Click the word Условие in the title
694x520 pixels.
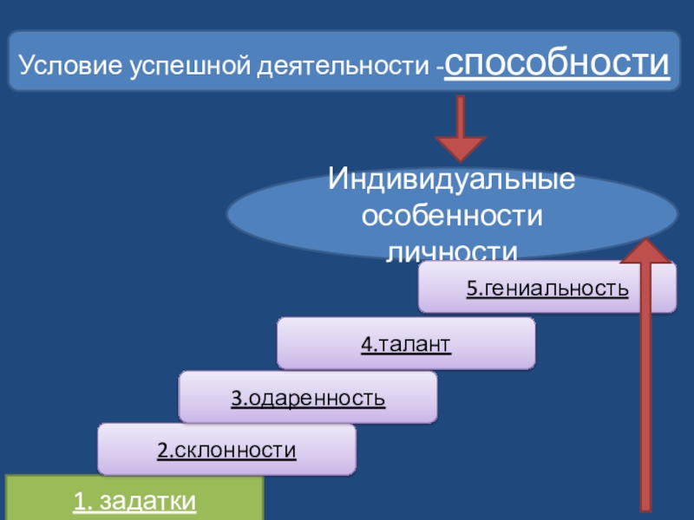pos(70,65)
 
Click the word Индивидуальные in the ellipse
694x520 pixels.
pos(452,182)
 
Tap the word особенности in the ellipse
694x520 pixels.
pos(452,216)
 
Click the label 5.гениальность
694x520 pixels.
pos(547,289)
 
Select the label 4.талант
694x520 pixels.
pos(406,344)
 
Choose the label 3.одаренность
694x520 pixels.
pos(308,399)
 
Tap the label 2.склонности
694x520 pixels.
pos(226,451)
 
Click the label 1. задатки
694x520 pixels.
pos(134,502)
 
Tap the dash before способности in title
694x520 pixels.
pos(441,67)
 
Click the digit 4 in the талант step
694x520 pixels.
pos(366,344)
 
